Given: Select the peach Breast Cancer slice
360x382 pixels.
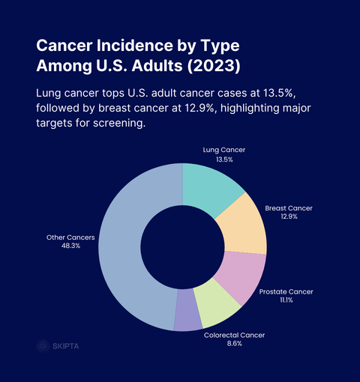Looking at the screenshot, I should pyautogui.click(x=242, y=228).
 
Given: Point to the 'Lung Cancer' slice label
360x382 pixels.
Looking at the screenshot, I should pyautogui.click(x=224, y=150).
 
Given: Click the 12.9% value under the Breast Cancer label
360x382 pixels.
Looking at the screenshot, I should pyautogui.click(x=289, y=216).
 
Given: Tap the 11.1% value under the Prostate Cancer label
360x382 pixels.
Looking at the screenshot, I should pyautogui.click(x=286, y=300).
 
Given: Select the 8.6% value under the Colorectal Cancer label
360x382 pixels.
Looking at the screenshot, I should pyautogui.click(x=234, y=344).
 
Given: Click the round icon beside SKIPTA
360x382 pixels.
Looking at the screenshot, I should pyautogui.click(x=43, y=346).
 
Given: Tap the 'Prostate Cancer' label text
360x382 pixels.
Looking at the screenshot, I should pyautogui.click(x=286, y=291).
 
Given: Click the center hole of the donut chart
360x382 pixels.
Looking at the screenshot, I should pyautogui.click(x=182, y=246).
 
